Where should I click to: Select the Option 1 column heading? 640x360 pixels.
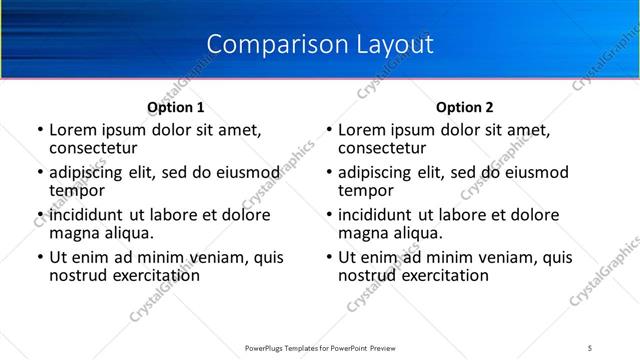176,106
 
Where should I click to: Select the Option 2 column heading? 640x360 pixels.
465,106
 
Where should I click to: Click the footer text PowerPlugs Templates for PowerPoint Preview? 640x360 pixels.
319,347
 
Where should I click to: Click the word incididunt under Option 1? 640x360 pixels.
87,215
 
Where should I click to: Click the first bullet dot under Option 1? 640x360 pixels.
40,130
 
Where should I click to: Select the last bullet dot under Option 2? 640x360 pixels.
329,257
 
